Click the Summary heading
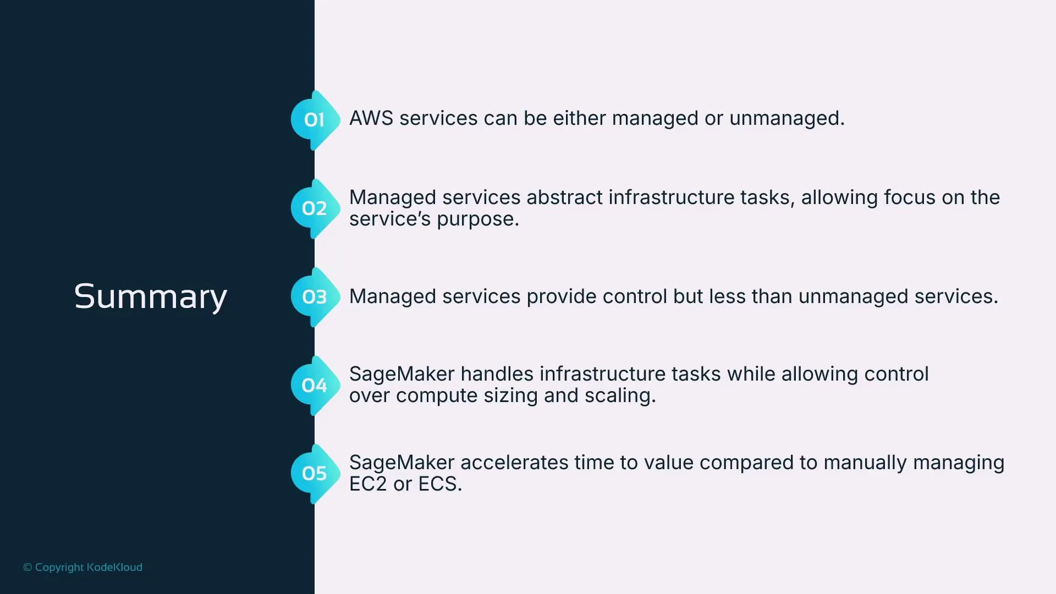(150, 297)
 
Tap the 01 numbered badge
(314, 120)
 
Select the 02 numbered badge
(314, 208)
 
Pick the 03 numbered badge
(314, 297)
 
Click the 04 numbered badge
(314, 386)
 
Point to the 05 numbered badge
(314, 474)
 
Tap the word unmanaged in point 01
(786, 118)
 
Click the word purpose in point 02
(477, 219)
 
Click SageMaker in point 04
(402, 374)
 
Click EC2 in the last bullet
(368, 484)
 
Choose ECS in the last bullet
(439, 484)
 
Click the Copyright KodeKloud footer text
(82, 567)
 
